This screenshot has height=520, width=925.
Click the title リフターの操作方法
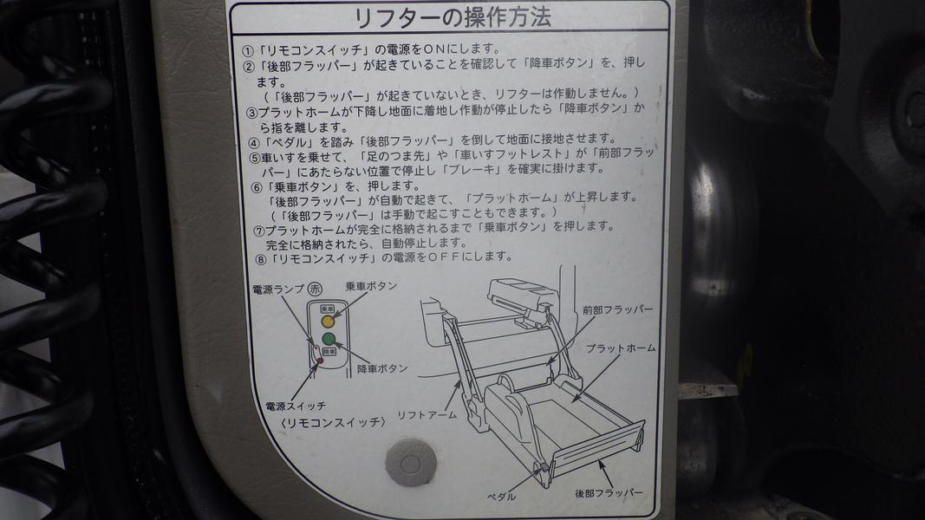(452, 17)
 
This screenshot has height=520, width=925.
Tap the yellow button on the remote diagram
(328, 322)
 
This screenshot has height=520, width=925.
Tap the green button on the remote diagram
(329, 339)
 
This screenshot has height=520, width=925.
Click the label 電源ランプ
(278, 289)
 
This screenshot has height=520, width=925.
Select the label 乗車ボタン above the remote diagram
(371, 287)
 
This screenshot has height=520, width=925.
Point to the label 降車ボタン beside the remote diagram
(382, 368)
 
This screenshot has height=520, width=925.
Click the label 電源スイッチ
(296, 406)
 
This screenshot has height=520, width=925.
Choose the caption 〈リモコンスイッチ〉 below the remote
(334, 422)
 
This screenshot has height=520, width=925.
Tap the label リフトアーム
(427, 415)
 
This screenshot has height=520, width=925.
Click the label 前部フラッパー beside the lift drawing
(617, 309)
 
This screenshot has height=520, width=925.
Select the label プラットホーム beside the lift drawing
(621, 348)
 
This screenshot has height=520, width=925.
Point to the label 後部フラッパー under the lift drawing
(609, 493)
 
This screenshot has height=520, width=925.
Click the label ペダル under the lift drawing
(501, 497)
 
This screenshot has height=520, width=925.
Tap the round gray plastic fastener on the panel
(411, 463)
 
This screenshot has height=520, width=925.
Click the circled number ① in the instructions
(248, 50)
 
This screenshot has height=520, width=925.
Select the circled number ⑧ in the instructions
(261, 259)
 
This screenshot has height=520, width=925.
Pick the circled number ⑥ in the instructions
(256, 188)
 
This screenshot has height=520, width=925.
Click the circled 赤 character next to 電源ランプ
(315, 289)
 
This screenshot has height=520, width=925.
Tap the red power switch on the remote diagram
(321, 361)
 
